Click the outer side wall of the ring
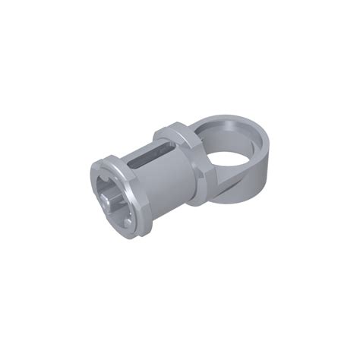[x=258, y=171]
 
